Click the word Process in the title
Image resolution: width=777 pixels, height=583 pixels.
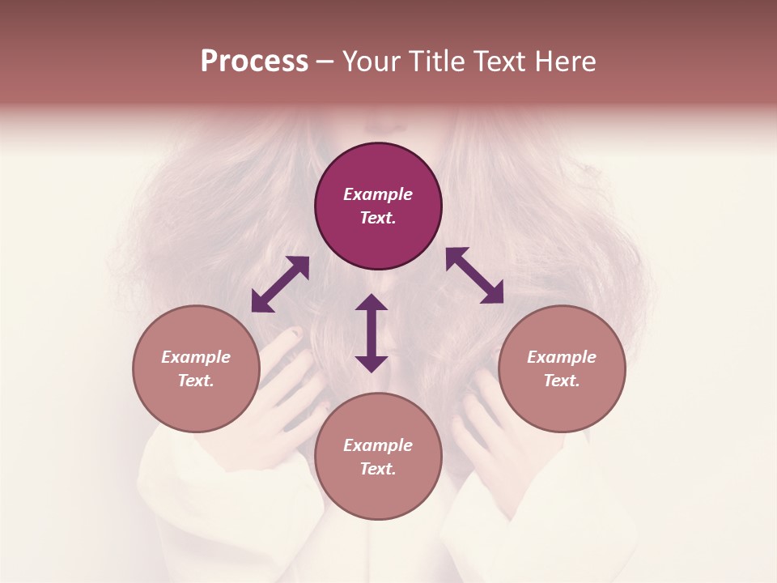click(254, 62)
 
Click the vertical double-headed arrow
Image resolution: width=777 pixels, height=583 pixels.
click(372, 333)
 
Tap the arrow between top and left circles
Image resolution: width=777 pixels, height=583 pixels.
click(280, 284)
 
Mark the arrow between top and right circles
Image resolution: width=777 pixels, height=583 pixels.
click(474, 276)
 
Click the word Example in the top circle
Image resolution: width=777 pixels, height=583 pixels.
click(378, 194)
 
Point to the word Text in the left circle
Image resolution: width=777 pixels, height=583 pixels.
click(196, 381)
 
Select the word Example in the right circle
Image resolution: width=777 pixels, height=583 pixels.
click(562, 357)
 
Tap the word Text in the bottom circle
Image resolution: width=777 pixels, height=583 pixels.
click(378, 469)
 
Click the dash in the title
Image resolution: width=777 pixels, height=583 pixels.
click(325, 62)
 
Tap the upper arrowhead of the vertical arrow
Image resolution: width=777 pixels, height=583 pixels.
click(372, 303)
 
